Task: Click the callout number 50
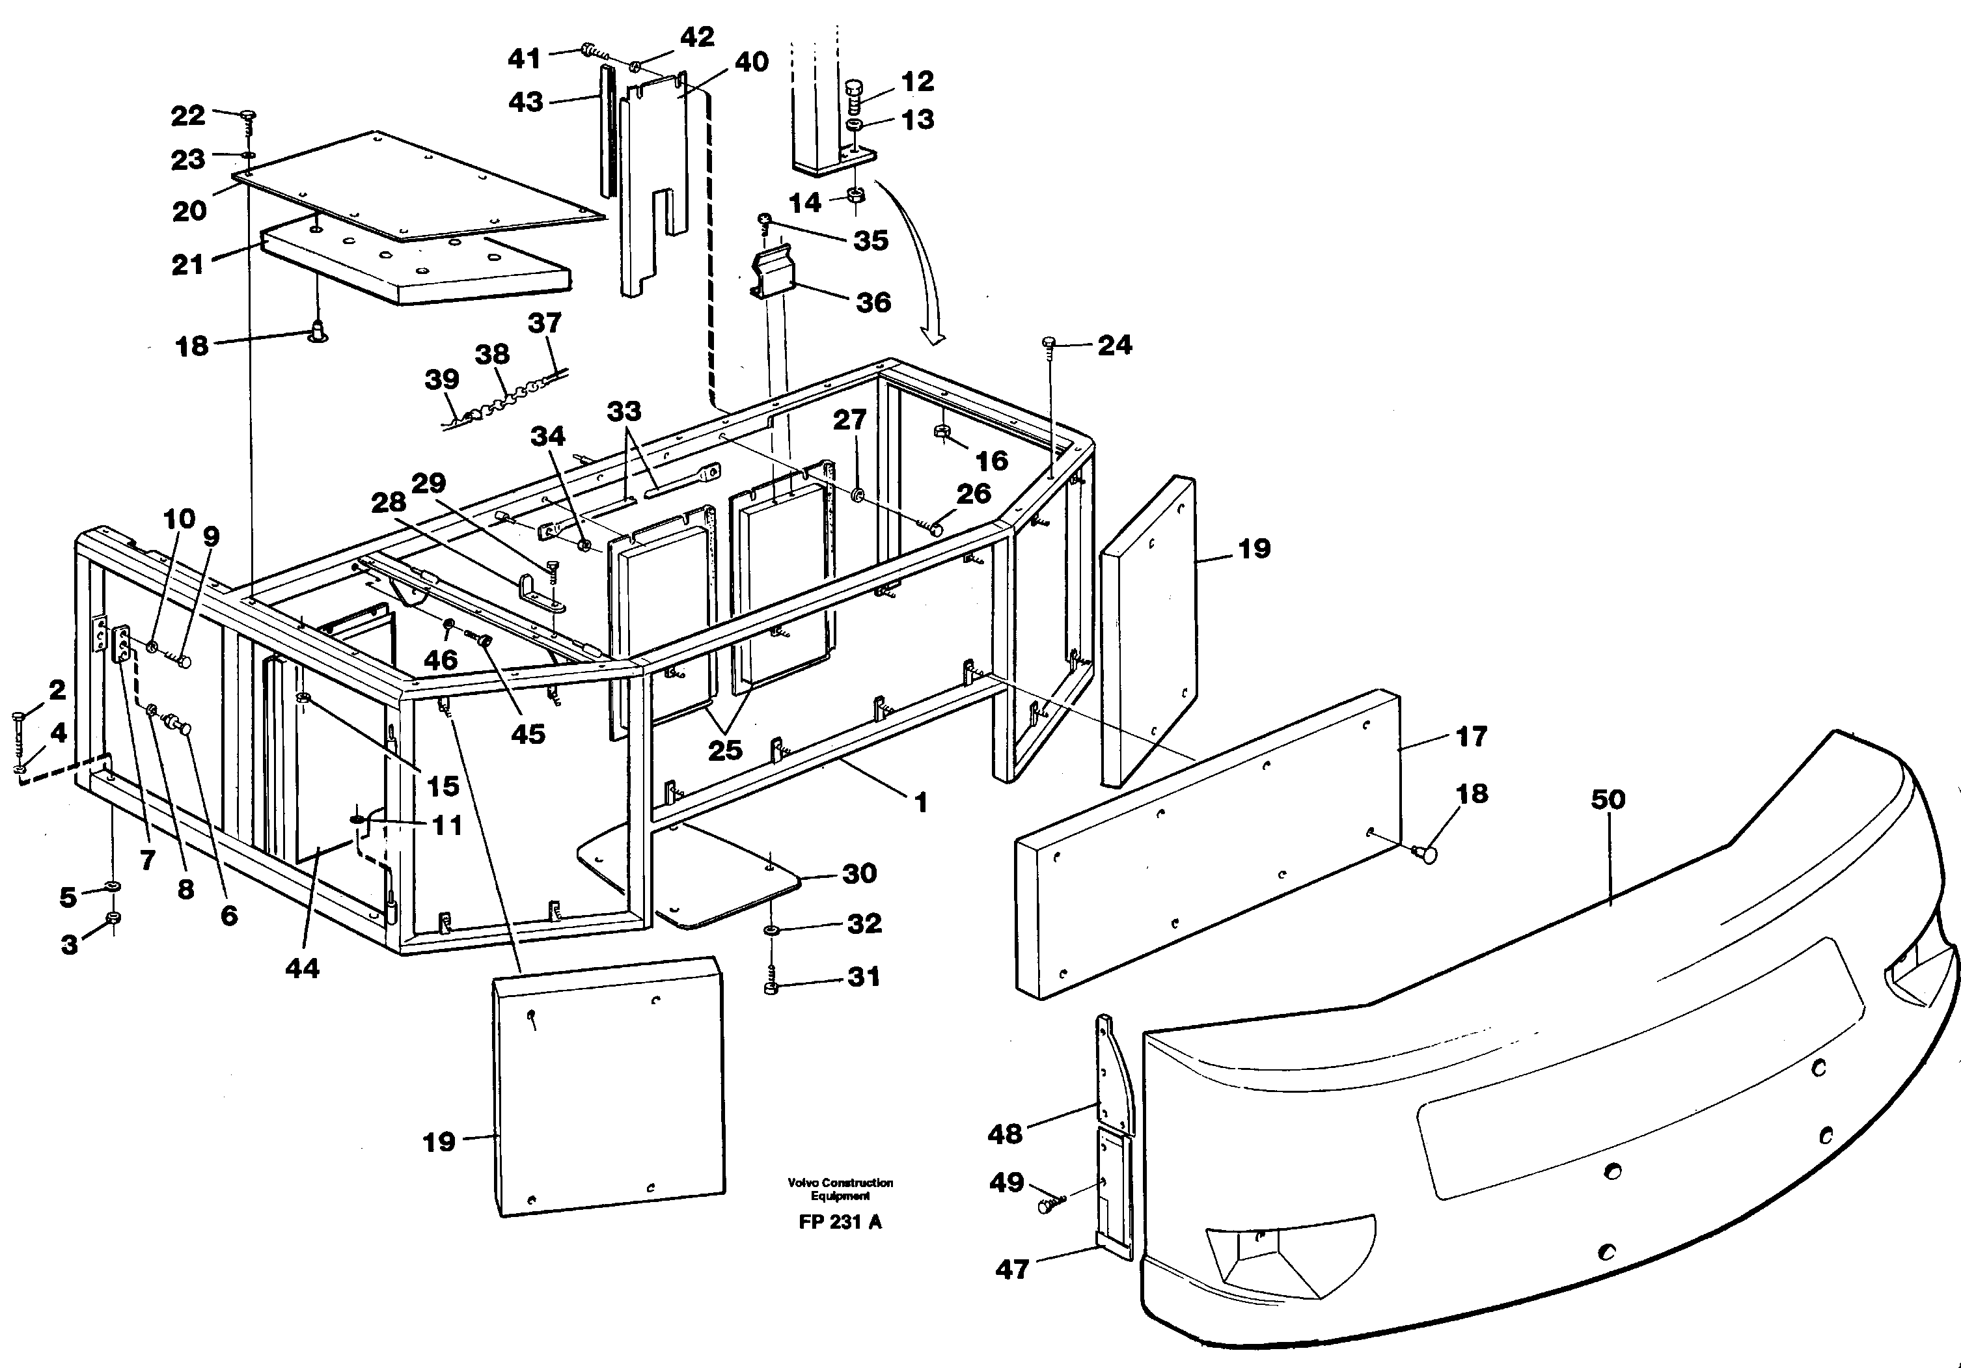tap(1608, 800)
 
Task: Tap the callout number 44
tap(301, 968)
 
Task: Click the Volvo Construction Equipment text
tap(840, 1188)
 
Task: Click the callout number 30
tap(859, 873)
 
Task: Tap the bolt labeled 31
tap(771, 988)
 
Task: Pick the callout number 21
tap(188, 265)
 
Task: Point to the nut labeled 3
tap(113, 919)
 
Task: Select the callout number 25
tap(725, 750)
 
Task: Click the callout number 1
tap(920, 802)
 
